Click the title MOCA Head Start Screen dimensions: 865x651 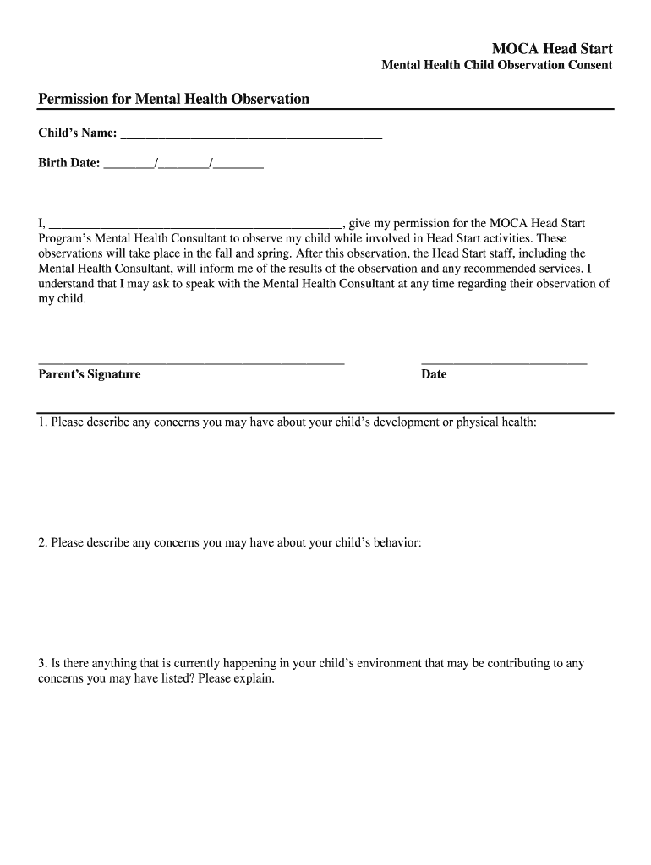click(552, 48)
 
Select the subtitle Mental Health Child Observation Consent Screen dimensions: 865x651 click(497, 65)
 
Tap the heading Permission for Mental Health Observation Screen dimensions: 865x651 click(173, 100)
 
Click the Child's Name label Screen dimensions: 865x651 click(77, 133)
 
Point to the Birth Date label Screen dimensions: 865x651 click(68, 163)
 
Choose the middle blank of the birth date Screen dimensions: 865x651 click(183, 166)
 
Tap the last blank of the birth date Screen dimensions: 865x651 click(239, 166)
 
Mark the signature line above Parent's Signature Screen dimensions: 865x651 click(191, 362)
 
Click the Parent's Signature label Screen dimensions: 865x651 click(90, 374)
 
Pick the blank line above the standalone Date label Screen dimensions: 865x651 click(503, 362)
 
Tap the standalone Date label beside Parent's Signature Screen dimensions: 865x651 click(434, 374)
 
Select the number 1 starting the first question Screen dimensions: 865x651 click(41, 422)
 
